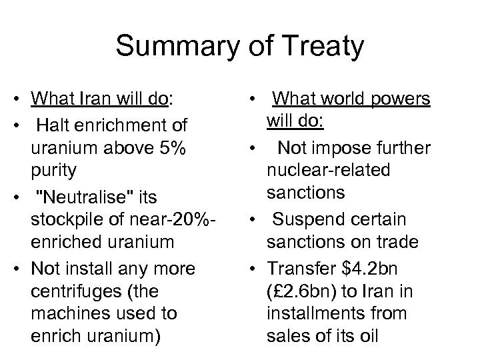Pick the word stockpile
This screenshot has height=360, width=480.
[64, 219]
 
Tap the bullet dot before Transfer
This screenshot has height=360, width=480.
[257, 267]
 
